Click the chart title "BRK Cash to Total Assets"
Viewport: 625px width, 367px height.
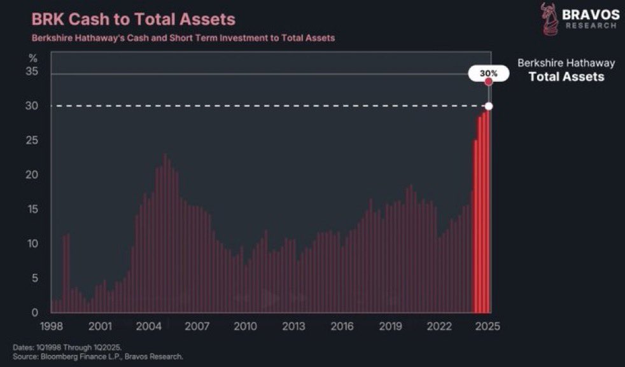click(x=134, y=19)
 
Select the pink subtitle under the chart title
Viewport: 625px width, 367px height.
click(x=183, y=38)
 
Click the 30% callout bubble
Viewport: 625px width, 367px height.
click(x=488, y=74)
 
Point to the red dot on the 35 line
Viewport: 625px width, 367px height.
click(x=489, y=82)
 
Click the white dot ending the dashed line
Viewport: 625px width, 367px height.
click(x=489, y=106)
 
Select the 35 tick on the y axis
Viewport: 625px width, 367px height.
click(x=32, y=72)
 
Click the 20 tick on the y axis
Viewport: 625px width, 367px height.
click(x=32, y=175)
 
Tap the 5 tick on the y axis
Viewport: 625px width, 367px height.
click(x=36, y=278)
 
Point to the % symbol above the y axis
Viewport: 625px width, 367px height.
click(x=33, y=58)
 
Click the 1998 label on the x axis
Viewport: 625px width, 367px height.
click(x=52, y=326)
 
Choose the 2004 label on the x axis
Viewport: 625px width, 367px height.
click(x=148, y=326)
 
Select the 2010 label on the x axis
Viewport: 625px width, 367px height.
click(x=245, y=326)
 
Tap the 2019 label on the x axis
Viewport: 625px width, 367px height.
click(x=390, y=326)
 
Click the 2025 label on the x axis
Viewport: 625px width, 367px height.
click(x=487, y=326)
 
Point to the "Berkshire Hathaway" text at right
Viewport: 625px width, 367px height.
click(x=566, y=63)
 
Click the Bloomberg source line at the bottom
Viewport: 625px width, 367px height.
click(x=98, y=356)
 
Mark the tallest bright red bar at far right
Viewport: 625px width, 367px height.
click(x=488, y=210)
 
